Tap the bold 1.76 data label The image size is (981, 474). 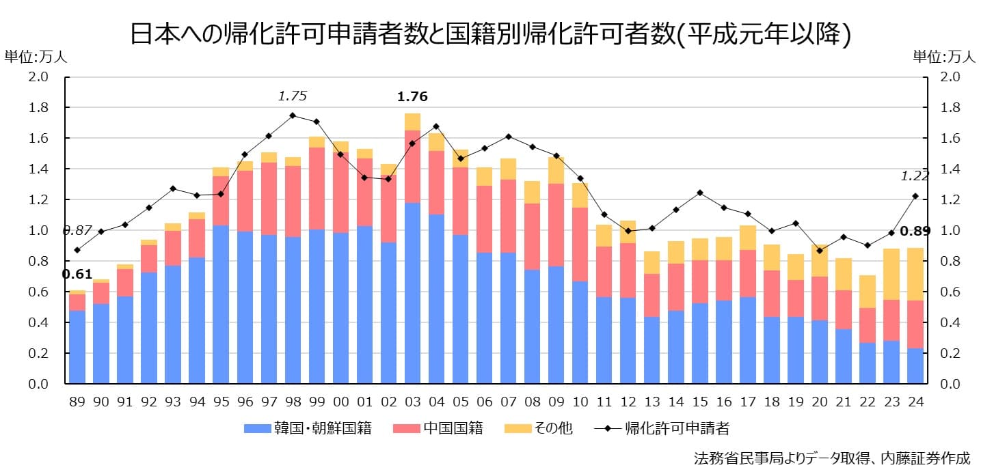(412, 97)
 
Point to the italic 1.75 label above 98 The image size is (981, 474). (292, 96)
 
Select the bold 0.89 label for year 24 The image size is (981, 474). (915, 231)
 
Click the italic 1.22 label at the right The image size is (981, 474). (915, 176)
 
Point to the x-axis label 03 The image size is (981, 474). (412, 402)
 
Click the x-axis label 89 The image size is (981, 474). (77, 402)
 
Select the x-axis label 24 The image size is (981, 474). (915, 402)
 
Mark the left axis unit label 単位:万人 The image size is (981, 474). (36, 57)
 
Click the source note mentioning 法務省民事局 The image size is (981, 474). (831, 458)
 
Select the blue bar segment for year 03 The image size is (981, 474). (412, 294)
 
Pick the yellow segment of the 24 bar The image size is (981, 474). (915, 274)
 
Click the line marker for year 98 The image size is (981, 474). (293, 115)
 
